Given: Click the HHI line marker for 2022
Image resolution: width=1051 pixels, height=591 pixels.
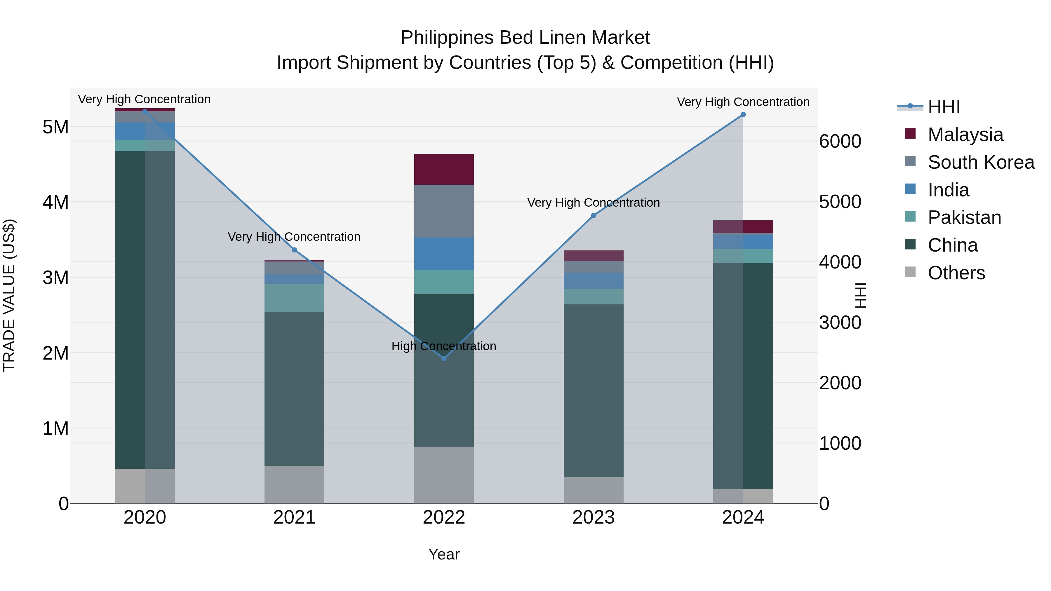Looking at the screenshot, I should tap(444, 358).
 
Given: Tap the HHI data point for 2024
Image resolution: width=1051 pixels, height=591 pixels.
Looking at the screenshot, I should tap(743, 115).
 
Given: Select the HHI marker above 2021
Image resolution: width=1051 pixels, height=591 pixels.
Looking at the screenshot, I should tap(294, 250).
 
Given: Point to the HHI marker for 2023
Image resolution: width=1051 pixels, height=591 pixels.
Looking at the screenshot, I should tap(594, 215).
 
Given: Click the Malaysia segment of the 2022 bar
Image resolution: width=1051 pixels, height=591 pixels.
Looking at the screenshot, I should tap(444, 169).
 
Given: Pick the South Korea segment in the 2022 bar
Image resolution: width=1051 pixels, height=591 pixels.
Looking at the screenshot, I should tap(444, 211).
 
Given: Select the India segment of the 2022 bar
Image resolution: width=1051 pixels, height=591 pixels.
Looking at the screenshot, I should tap(444, 253).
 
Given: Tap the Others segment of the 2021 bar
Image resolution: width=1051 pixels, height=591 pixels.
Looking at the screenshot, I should tap(294, 484).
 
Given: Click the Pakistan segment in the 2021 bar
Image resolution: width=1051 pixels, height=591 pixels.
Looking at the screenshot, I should tap(294, 298).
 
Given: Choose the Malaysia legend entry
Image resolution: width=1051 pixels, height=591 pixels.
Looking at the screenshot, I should tap(965, 135).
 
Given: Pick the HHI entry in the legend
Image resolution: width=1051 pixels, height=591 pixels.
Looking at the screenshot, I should tap(944, 107).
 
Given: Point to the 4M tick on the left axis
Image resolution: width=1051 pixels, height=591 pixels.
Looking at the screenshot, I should tap(55, 202).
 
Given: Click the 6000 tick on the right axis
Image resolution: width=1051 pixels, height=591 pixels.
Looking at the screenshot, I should tap(840, 142).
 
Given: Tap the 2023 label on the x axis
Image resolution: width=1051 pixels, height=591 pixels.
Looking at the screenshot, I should tap(594, 517).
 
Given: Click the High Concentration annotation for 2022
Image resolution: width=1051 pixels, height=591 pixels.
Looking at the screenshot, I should tap(443, 346).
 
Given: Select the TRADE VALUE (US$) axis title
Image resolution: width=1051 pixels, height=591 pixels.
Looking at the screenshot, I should tap(9, 295).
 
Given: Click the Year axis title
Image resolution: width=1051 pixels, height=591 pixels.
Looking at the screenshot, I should tap(444, 554).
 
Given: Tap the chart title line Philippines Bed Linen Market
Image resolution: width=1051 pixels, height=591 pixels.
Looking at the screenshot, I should tap(525, 38).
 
